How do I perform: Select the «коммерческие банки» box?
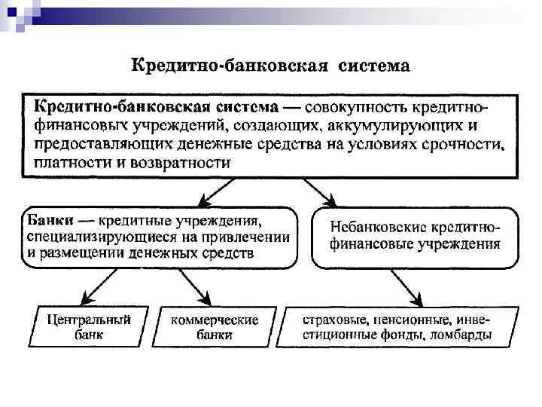tap(214, 327)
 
